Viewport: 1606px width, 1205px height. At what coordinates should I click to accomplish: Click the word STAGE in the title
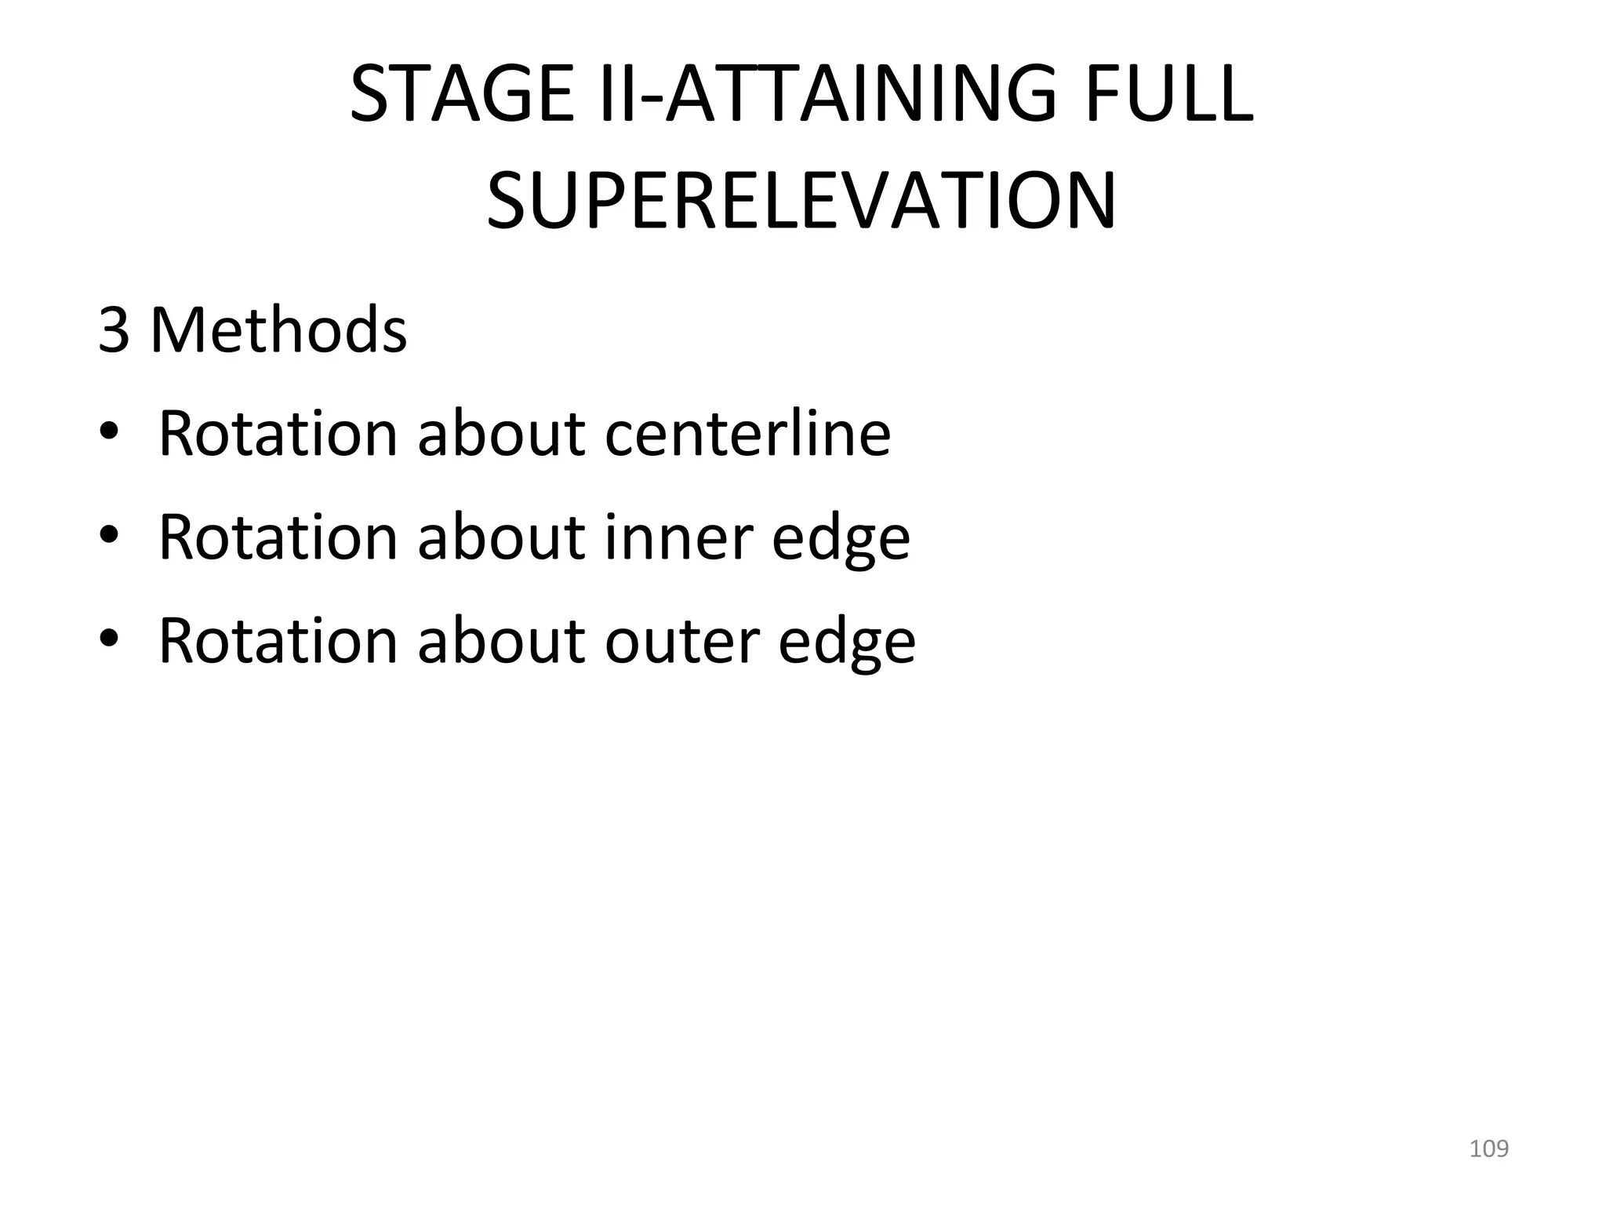(x=463, y=94)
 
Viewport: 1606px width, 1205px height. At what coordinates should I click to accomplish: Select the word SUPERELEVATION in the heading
(x=801, y=201)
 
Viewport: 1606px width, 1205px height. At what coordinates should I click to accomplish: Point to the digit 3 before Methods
(x=114, y=330)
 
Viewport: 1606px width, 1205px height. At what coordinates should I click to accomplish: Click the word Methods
(x=278, y=330)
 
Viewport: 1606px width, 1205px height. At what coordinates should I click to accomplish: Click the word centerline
(x=747, y=433)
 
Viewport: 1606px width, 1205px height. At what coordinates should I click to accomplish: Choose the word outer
(x=681, y=641)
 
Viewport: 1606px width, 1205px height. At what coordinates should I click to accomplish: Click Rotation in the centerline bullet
(x=278, y=433)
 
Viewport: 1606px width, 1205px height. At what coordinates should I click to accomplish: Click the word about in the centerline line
(x=501, y=433)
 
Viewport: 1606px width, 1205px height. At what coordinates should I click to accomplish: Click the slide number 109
(x=1488, y=1149)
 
